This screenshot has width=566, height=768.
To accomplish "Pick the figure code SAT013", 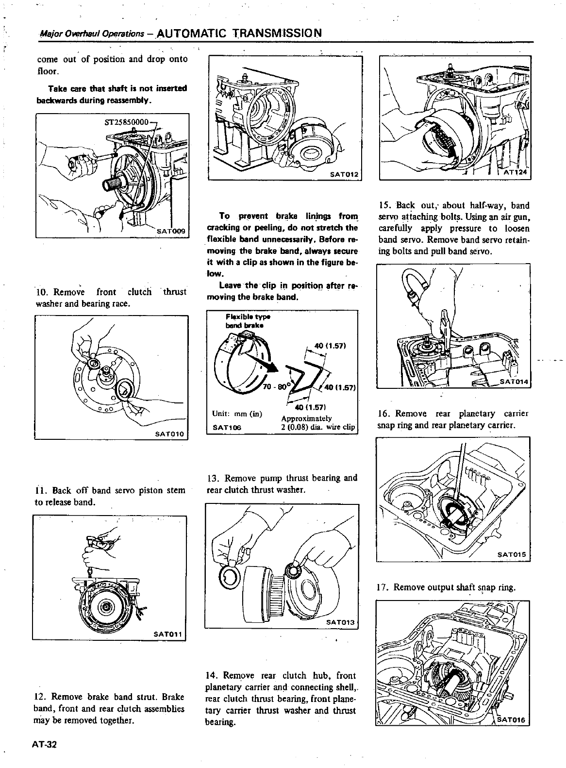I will click(x=341, y=622).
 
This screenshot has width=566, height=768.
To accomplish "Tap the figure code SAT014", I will click(x=514, y=382).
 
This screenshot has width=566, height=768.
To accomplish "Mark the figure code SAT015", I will click(x=514, y=555).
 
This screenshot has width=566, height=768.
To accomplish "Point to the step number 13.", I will click(x=214, y=478).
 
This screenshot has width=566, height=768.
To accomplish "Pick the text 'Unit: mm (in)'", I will click(x=237, y=414).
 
